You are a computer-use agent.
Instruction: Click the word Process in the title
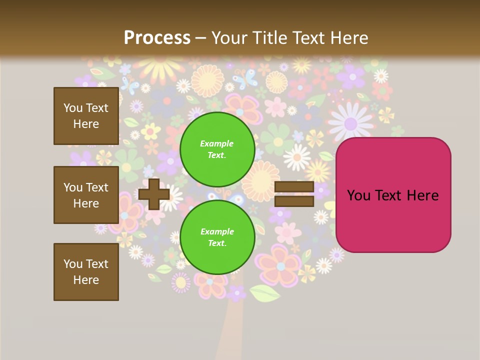pyautogui.click(x=157, y=38)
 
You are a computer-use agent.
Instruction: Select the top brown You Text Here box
pyautogui.click(x=86, y=116)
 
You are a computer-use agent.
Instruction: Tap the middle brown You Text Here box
pyautogui.click(x=86, y=195)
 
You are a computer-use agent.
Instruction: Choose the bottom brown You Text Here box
pyautogui.click(x=86, y=272)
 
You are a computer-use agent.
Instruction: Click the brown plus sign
pyautogui.click(x=154, y=194)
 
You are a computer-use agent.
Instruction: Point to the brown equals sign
pyautogui.click(x=294, y=194)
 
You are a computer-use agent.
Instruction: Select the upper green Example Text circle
pyautogui.click(x=217, y=149)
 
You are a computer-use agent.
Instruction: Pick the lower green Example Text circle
pyautogui.click(x=217, y=237)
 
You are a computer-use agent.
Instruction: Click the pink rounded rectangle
pyautogui.click(x=393, y=195)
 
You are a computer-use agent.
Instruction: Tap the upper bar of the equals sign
pyautogui.click(x=294, y=187)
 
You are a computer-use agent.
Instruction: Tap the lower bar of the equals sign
pyautogui.click(x=294, y=201)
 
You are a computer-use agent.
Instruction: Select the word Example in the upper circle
pyautogui.click(x=217, y=143)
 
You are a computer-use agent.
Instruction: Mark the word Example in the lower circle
pyautogui.click(x=217, y=231)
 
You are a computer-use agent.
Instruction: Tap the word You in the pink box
pyautogui.click(x=359, y=195)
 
